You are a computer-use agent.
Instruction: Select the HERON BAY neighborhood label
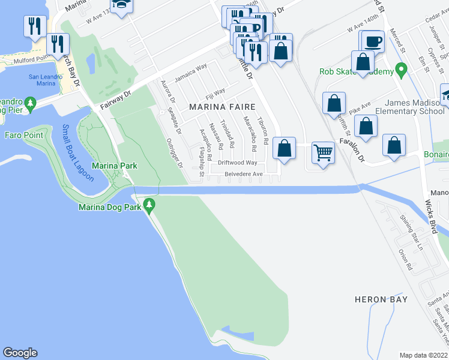pyautogui.click(x=381, y=299)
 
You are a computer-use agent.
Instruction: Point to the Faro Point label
pyautogui.click(x=24, y=135)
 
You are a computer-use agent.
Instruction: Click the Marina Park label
pyautogui.click(x=114, y=166)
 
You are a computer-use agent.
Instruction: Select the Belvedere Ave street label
pyautogui.click(x=244, y=174)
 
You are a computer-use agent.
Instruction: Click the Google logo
pyautogui.click(x=20, y=353)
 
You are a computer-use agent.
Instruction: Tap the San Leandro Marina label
pyautogui.click(x=41, y=80)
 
